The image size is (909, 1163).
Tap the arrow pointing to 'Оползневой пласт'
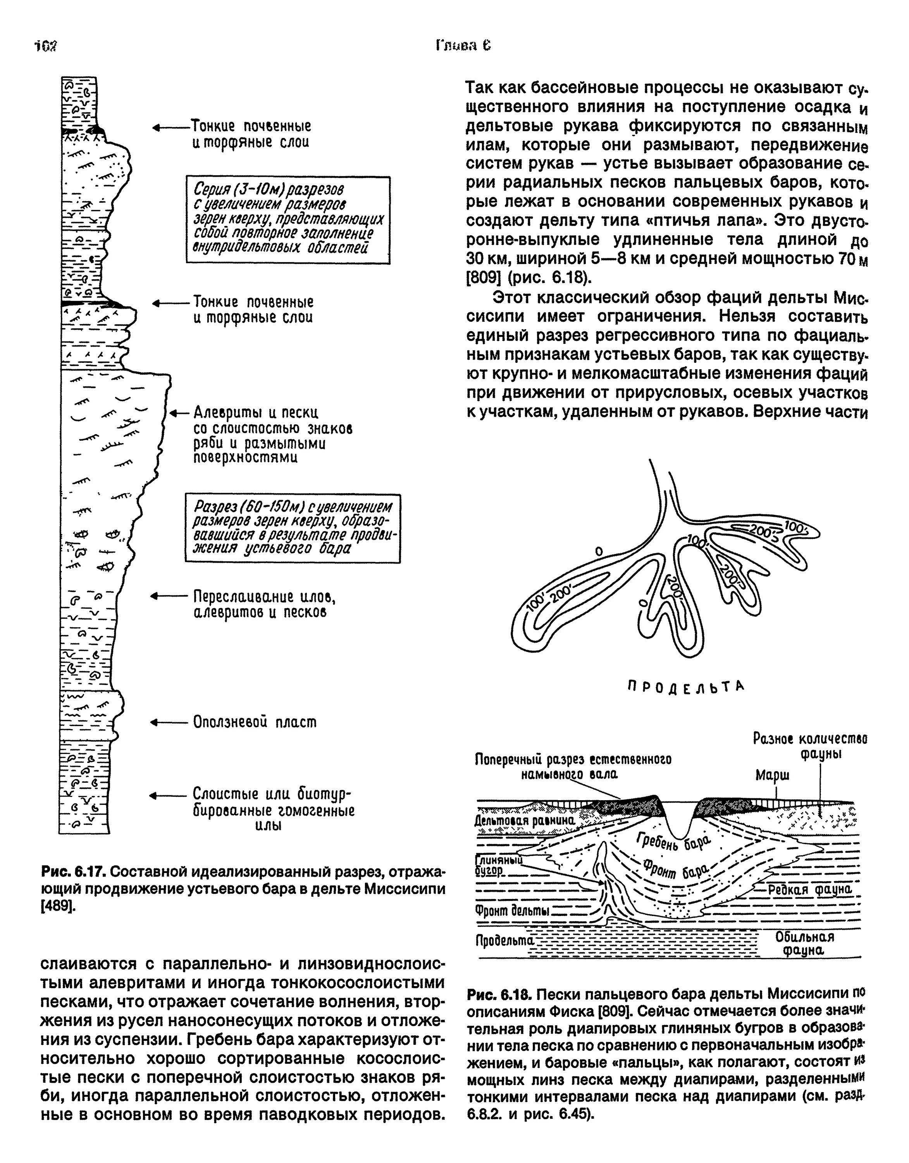(169, 723)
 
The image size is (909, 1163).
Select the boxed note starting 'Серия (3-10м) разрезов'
(288, 220)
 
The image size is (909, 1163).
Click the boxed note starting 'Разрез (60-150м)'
(293, 528)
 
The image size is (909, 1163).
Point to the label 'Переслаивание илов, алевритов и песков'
(264, 604)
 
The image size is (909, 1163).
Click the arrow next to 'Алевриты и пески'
(179, 413)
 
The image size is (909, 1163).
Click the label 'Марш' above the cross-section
(772, 775)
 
